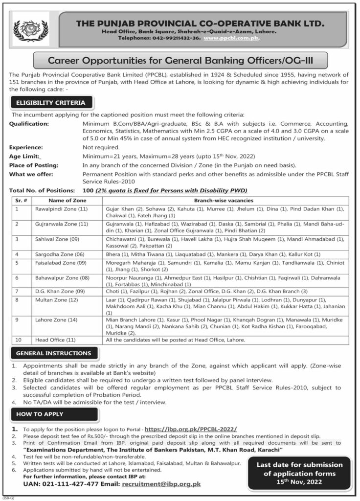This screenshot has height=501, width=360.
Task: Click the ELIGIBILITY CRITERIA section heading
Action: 51,103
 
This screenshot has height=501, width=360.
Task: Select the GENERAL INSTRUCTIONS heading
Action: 53,353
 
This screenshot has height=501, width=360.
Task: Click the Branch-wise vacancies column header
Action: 224,201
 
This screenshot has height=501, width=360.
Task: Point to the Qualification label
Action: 29,124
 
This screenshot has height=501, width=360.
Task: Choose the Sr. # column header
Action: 20,201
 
